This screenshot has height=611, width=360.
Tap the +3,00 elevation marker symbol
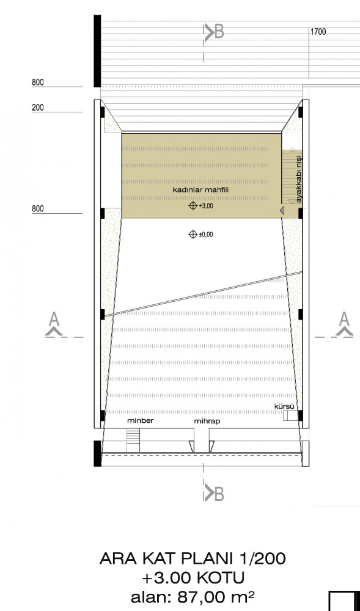click(x=193, y=206)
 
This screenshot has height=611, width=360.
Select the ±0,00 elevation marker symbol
click(x=193, y=234)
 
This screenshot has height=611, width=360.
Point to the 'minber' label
click(x=140, y=421)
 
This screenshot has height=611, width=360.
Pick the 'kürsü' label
click(x=284, y=406)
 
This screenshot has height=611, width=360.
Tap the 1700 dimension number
click(x=318, y=32)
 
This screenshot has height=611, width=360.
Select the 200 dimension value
click(x=38, y=107)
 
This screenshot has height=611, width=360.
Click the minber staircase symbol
click(x=133, y=441)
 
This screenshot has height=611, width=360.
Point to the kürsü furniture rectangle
click(x=288, y=415)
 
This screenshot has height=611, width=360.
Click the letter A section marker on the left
click(x=54, y=324)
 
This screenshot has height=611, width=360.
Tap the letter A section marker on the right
click(x=344, y=324)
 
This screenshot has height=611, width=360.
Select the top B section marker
click(x=214, y=32)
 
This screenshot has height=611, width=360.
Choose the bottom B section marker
click(x=214, y=494)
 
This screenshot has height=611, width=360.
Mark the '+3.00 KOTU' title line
click(x=193, y=577)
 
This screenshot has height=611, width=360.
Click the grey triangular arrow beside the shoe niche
click(x=282, y=210)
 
